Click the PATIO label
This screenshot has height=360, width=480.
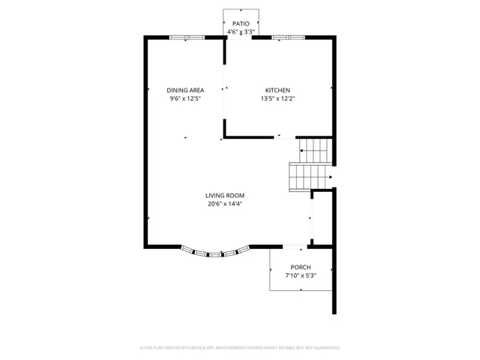240,24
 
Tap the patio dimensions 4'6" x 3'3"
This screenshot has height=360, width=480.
240,32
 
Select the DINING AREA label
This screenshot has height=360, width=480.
185,90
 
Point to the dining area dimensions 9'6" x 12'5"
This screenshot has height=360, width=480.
185,98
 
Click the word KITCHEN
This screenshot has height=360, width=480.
277,90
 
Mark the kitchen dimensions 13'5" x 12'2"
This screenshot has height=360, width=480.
277,98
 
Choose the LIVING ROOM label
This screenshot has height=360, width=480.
226,195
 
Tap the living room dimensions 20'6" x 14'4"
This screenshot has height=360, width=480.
226,203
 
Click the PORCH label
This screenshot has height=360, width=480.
301,268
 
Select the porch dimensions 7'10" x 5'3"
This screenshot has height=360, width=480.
301,276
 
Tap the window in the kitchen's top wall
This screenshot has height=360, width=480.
287,37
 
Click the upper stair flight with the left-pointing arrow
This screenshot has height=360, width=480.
315,151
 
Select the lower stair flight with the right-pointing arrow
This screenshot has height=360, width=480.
307,177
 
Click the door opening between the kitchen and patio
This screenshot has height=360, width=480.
240,37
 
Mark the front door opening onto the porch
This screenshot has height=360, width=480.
293,246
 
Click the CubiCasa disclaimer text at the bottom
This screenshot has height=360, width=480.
240,348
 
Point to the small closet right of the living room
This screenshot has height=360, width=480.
322,217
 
